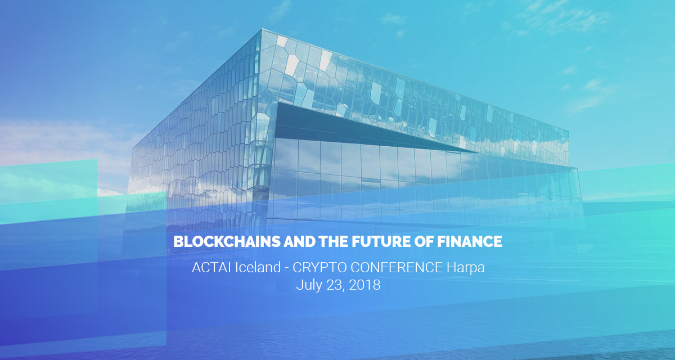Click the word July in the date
pos(308,285)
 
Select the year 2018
pos(364,285)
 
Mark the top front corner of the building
pos(261,31)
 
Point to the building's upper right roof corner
pos(568,133)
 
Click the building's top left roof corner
pos(133,147)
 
